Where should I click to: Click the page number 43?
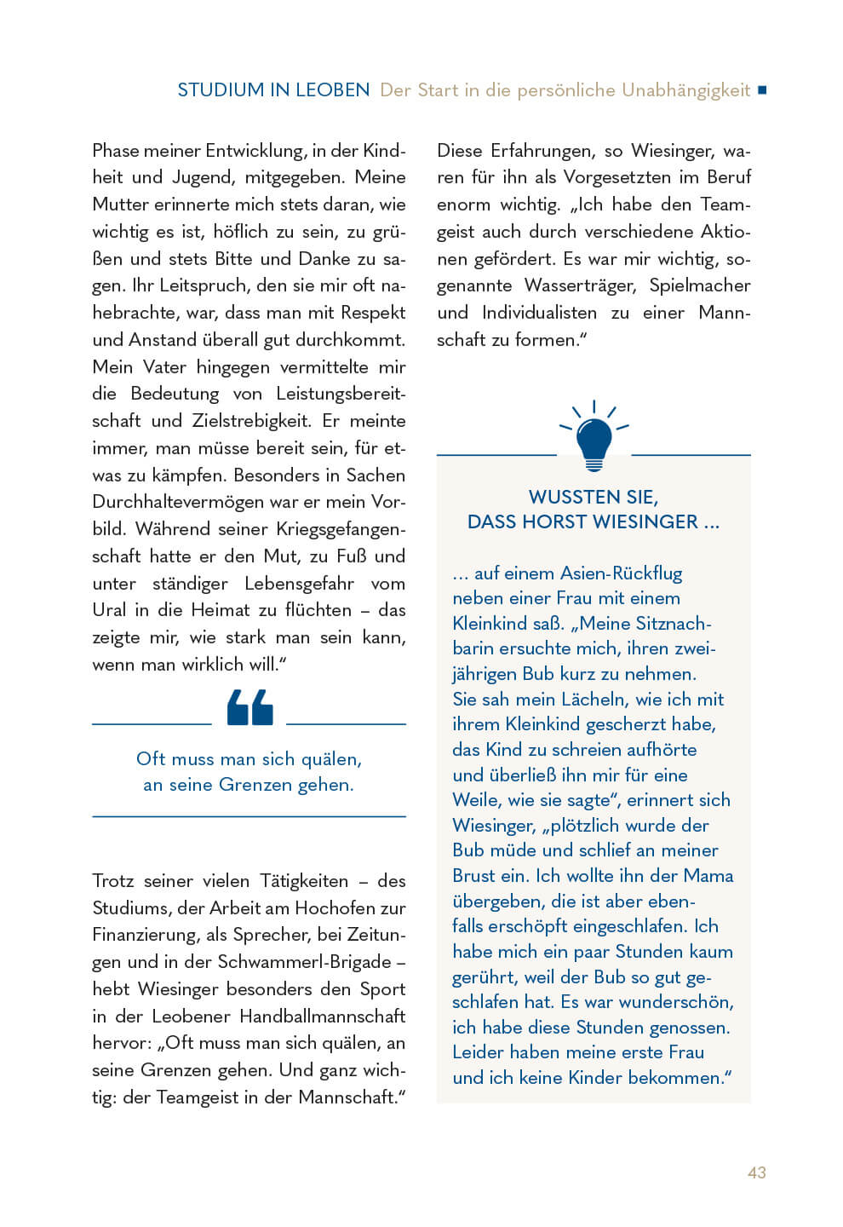[x=756, y=1172]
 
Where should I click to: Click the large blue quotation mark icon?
[x=249, y=707]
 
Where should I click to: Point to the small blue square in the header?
[x=762, y=89]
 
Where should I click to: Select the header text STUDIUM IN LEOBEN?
[x=273, y=90]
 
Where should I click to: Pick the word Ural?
[x=109, y=610]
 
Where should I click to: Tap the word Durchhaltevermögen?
[x=178, y=502]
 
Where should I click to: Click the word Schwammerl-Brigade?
[x=304, y=962]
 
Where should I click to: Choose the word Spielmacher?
[x=699, y=285]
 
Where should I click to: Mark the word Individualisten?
[x=539, y=313]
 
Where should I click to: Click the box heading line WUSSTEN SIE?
[x=593, y=497]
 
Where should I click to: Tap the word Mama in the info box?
[x=709, y=876]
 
